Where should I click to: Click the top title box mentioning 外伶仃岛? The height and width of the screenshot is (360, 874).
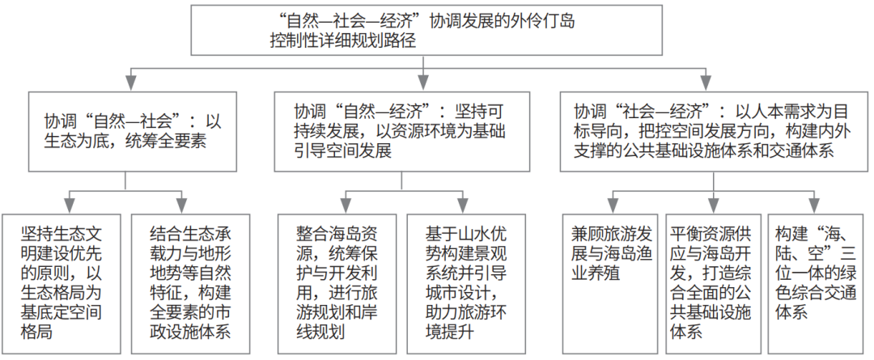[x=426, y=30]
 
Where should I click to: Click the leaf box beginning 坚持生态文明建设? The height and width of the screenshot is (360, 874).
[x=62, y=284]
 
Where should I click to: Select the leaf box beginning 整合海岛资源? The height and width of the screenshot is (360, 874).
[x=337, y=284]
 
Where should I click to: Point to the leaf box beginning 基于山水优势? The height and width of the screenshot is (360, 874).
[x=466, y=284]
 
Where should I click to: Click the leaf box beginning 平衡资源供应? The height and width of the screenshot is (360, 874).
[x=714, y=284]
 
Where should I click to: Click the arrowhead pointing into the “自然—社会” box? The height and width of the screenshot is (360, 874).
[x=129, y=83]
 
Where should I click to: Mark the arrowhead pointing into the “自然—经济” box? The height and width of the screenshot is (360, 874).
[x=425, y=83]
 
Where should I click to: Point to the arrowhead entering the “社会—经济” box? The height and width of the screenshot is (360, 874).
[x=707, y=83]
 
